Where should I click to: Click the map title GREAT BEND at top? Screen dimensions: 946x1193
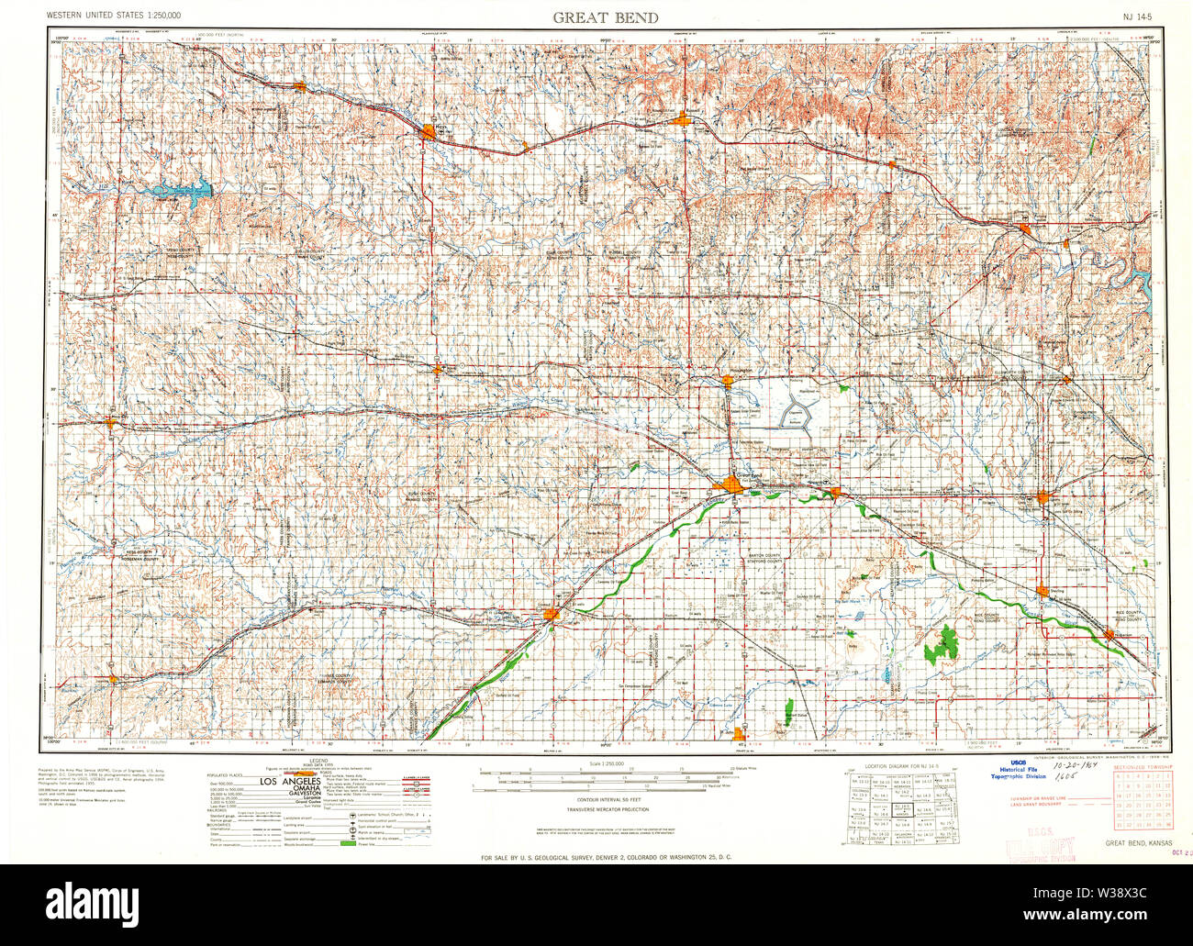[604, 17]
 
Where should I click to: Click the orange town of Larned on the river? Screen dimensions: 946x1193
[550, 614]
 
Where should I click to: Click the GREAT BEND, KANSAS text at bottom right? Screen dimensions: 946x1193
[1138, 842]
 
